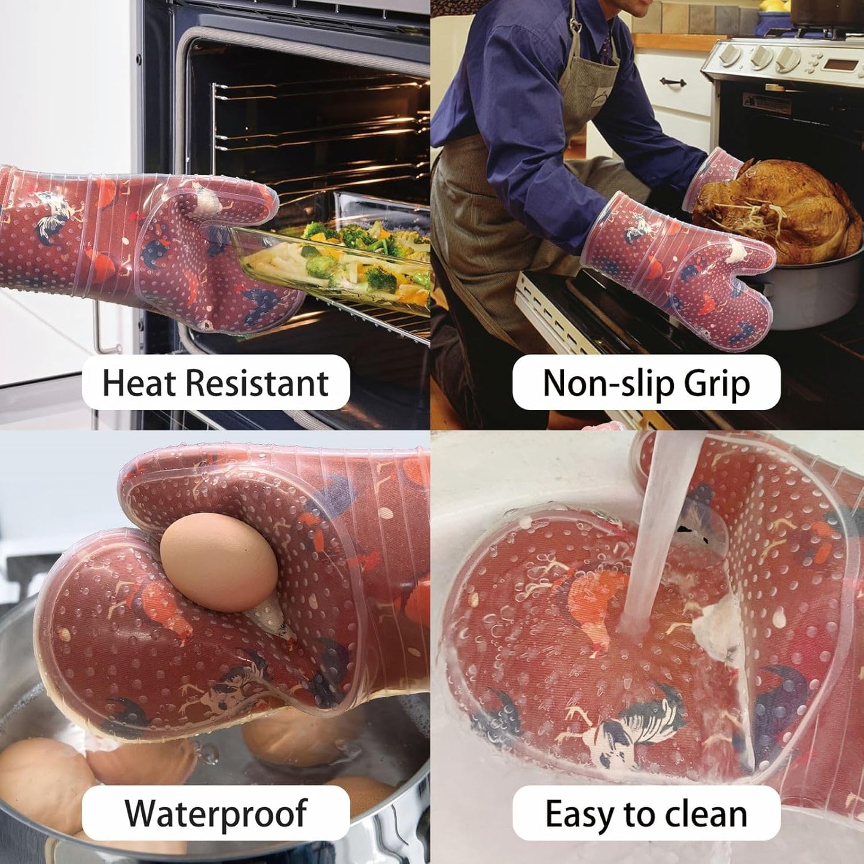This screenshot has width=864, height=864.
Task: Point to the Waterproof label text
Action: click(215, 813)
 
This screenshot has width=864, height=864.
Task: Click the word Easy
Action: click(580, 814)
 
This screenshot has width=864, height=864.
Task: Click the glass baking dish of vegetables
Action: click(335, 263)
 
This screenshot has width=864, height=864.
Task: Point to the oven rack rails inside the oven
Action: click(311, 132)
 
